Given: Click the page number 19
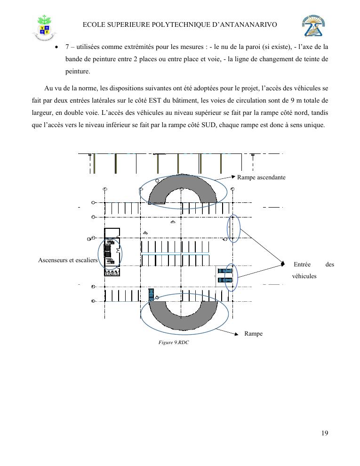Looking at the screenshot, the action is tap(325, 433).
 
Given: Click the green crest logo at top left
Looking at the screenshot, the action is tap(45, 27).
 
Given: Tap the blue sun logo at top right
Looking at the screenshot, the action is tap(313, 26).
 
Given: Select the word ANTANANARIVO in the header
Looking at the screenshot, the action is tap(248, 24).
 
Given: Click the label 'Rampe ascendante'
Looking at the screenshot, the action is tap(261, 177).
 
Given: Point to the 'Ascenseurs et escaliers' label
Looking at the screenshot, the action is tap(68, 260).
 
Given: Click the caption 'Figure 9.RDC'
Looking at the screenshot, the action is tap(174, 342).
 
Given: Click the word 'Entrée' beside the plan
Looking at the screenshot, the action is tap(302, 264).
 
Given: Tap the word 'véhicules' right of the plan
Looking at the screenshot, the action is tap(304, 276).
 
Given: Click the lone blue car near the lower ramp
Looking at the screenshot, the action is tap(151, 295).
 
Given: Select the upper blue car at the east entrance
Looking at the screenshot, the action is tap(225, 271).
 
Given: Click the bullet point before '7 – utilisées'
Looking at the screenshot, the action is tap(56, 48).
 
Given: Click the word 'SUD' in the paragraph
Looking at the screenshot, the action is tap(208, 125).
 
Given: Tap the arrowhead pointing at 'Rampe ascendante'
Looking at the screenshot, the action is tap(233, 177).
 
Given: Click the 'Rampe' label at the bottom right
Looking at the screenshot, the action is tap(253, 333).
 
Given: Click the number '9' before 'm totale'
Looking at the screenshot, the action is tap(292, 100).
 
